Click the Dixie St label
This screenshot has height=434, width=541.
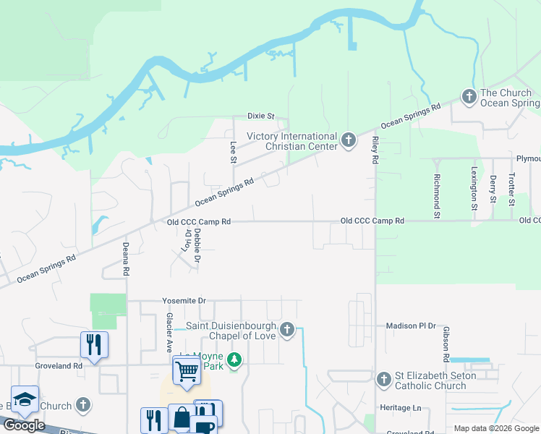(x=261, y=116)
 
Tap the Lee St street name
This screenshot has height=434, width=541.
(x=233, y=151)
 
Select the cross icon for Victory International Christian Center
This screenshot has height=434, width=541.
(x=349, y=140)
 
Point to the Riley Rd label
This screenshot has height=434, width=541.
(x=375, y=149)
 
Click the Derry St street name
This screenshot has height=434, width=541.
(x=493, y=189)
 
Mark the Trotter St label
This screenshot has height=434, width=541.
(x=511, y=187)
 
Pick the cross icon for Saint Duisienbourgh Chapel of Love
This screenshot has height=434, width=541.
(x=287, y=331)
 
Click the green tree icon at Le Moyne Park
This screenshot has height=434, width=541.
(x=234, y=359)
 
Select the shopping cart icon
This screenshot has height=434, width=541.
(x=187, y=370)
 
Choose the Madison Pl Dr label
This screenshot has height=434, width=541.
(x=411, y=326)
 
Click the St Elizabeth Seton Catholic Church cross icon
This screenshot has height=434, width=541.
(x=384, y=379)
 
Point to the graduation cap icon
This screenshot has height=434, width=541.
(x=25, y=399)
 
